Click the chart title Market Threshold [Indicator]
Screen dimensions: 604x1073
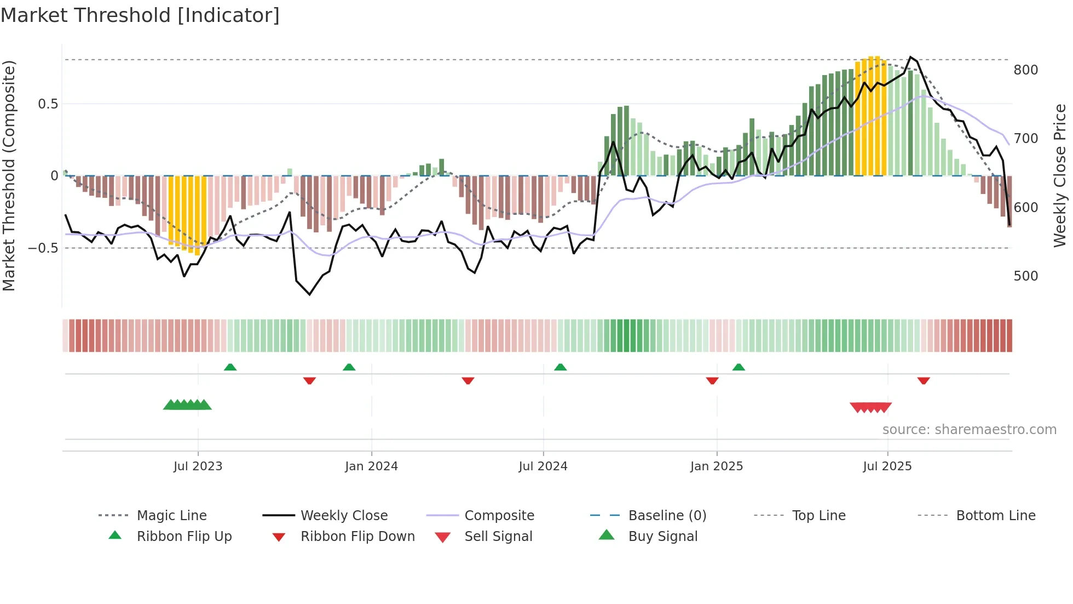(x=140, y=15)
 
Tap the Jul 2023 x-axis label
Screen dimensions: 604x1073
(x=198, y=466)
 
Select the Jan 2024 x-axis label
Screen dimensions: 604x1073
(x=371, y=466)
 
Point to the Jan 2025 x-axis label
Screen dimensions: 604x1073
(x=716, y=466)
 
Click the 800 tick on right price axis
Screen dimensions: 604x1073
(x=1025, y=70)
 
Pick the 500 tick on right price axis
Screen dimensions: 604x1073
(x=1025, y=276)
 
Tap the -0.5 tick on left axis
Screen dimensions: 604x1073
(x=43, y=248)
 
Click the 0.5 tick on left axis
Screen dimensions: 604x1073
(x=48, y=104)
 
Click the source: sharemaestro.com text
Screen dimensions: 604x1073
(x=969, y=430)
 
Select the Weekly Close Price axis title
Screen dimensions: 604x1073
(x=1060, y=175)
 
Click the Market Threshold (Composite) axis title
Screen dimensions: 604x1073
(x=9, y=175)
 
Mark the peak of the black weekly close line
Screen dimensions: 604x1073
(x=910, y=57)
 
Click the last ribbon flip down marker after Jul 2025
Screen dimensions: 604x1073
(x=924, y=380)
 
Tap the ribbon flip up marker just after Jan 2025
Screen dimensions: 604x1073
(x=739, y=367)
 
